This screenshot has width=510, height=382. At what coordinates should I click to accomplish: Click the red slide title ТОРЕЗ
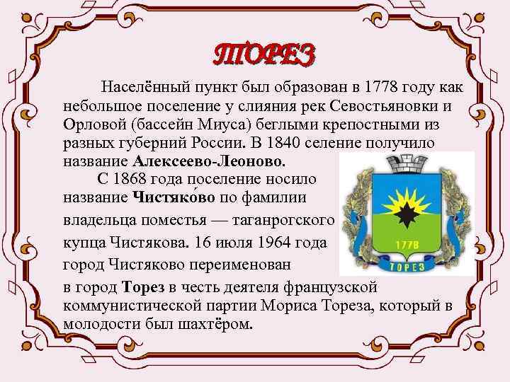(x=263, y=54)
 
